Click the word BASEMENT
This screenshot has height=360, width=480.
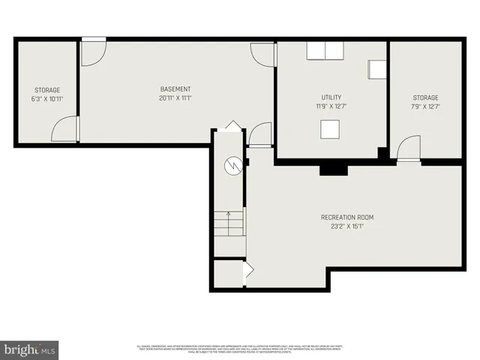(175, 89)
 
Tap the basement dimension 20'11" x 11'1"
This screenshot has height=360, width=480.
(175, 98)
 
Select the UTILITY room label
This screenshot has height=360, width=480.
(331, 97)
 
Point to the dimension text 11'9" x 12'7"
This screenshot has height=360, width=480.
(331, 106)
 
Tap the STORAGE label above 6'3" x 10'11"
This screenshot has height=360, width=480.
(46, 90)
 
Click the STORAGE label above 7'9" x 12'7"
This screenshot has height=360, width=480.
(425, 97)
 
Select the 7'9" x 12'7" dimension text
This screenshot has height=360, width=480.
(425, 106)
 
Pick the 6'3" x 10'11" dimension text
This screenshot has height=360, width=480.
(46, 99)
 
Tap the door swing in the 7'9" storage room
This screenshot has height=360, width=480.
(409, 147)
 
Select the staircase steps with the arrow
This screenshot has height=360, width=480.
(229, 223)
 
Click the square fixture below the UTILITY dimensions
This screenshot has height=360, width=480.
(331, 130)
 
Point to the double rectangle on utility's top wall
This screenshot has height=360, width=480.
(325, 50)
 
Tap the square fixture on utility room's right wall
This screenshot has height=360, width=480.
(376, 69)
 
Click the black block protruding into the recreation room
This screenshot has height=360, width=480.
(333, 169)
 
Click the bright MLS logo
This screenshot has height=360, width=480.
(29, 349)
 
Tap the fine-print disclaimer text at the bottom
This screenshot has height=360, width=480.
(239, 349)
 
